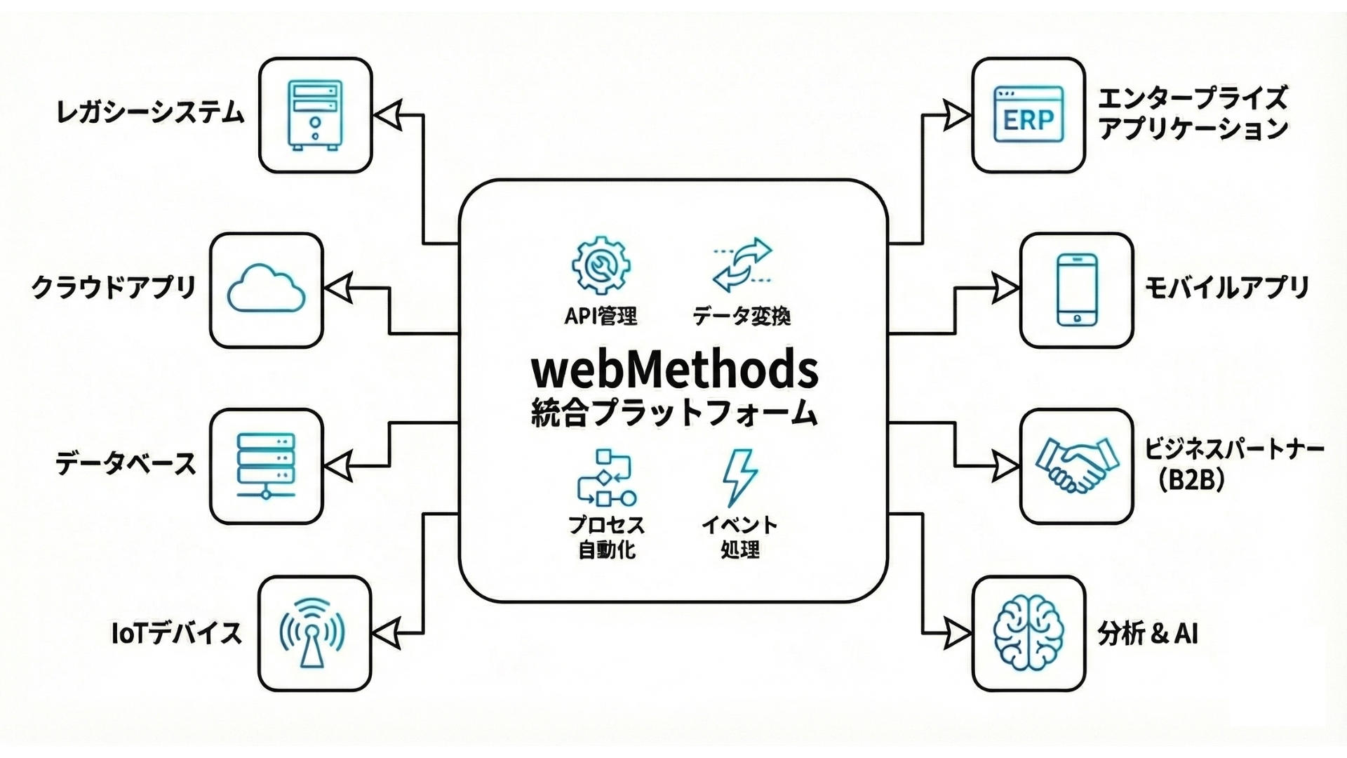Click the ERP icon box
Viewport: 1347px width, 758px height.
coord(1028,116)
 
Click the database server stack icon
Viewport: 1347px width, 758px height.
coord(266,465)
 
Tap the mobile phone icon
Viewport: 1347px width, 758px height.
coord(1076,290)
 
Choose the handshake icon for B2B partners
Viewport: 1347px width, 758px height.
coord(1076,465)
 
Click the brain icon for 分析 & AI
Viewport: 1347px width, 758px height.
coord(1028,634)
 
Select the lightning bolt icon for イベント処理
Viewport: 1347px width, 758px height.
coord(740,477)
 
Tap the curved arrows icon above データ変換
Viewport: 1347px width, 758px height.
coord(742,265)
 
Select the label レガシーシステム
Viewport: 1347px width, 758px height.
coord(150,113)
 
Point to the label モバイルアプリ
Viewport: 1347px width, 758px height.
coord(1226,288)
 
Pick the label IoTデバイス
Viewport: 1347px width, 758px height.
coord(177,633)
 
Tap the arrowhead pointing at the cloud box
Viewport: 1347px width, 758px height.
coord(338,288)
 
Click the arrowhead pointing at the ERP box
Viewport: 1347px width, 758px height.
coord(956,116)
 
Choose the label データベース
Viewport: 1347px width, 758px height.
coord(126,464)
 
